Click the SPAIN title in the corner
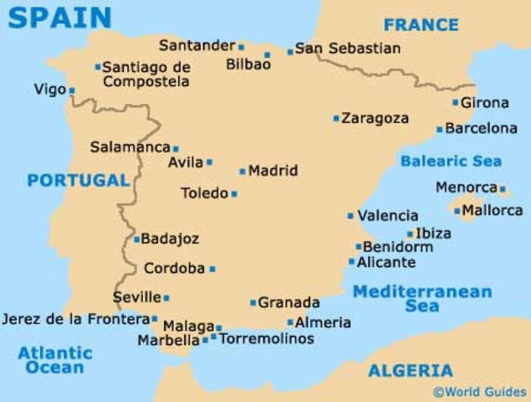tap(59, 17)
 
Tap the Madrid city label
tap(273, 171)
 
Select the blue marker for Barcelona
tap(440, 130)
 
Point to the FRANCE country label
tap(421, 24)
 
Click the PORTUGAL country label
tap(78, 180)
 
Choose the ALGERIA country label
tap(411, 370)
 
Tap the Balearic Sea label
tap(451, 161)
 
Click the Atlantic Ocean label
tap(55, 360)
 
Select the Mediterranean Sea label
tap(421, 299)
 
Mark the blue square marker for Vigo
tap(72, 90)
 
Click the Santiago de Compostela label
tap(147, 75)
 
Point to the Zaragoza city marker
tap(336, 119)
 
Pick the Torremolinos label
tap(267, 339)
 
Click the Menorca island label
tap(465, 188)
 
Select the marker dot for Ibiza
tap(411, 234)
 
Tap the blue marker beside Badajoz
tap(137, 240)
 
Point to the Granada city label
tap(288, 302)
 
